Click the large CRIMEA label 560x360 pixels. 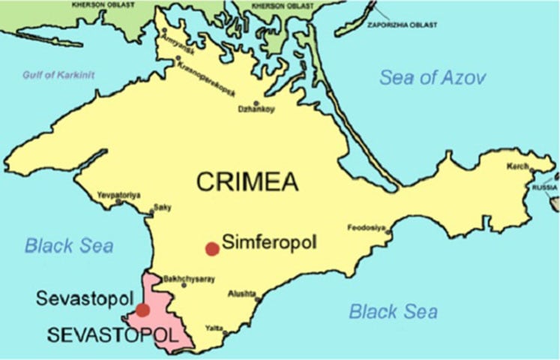pos(247,181)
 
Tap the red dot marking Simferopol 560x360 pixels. pos(212,248)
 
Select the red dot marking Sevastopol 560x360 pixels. pos(142,309)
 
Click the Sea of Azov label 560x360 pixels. pos(433,77)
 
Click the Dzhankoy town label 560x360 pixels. pos(256,109)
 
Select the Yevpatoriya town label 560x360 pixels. pos(118,195)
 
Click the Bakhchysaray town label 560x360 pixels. pos(189,279)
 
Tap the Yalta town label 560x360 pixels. pos(214,328)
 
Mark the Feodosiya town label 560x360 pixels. pos(366,226)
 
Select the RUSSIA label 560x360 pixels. pos(545,186)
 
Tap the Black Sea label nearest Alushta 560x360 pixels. pos(393,311)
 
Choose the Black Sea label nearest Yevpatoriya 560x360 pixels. pos(68,245)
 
